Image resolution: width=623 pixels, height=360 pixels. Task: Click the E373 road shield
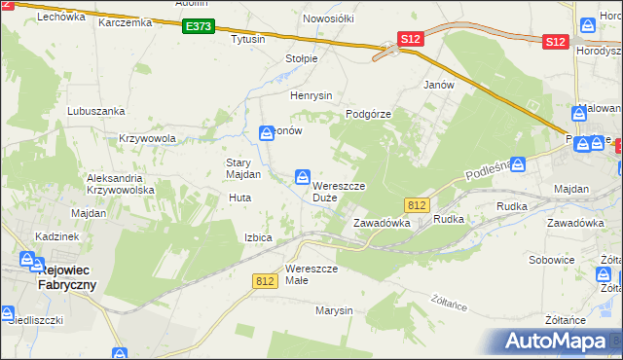pos(199,27)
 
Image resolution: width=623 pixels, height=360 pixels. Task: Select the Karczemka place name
pos(126,21)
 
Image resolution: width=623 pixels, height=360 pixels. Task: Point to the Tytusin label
pos(248,40)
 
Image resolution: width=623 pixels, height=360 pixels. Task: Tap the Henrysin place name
pos(311,95)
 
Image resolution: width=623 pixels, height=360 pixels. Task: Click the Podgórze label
pos(369,114)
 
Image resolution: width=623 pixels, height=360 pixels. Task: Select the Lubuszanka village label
pos(92,111)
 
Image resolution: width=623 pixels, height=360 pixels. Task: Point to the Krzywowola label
pos(147,138)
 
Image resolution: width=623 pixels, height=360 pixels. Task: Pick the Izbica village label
pos(258,237)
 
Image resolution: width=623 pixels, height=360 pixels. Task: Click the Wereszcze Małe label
pos(311,274)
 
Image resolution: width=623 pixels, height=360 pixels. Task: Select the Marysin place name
pos(332,311)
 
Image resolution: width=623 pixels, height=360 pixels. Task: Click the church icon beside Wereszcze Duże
pos(304,176)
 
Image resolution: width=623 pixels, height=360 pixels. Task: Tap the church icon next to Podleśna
pos(518,164)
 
